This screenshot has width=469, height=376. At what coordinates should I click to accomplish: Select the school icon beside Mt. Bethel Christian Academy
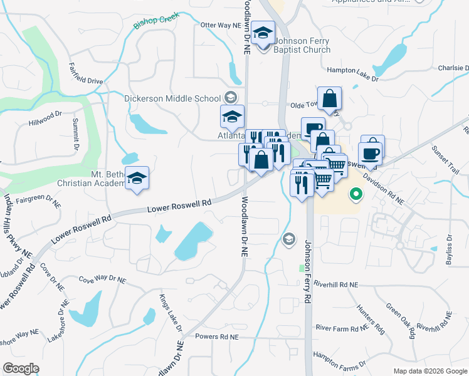click(137, 179)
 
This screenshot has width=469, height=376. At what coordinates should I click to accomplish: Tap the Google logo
click(21, 368)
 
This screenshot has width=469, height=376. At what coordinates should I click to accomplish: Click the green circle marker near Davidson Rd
click(356, 195)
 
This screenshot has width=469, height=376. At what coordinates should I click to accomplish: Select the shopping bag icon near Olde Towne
click(329, 98)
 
